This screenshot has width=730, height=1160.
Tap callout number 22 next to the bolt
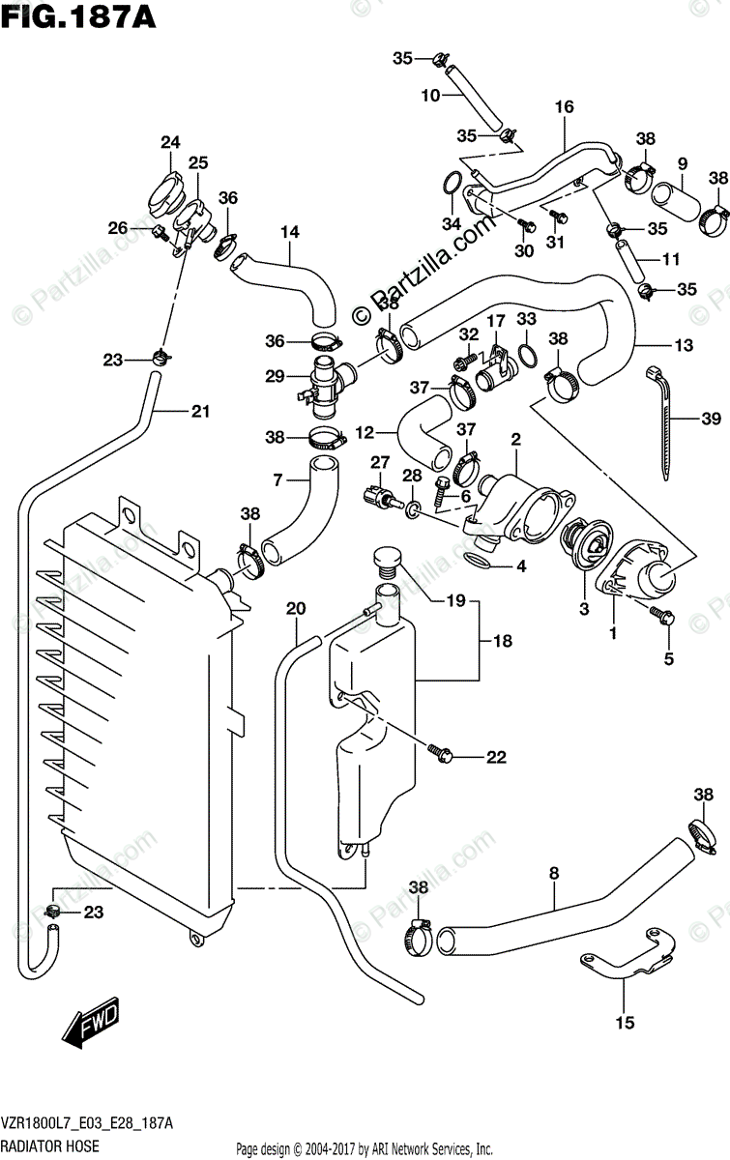pos(496,758)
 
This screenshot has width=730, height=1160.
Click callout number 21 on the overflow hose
pos(199,412)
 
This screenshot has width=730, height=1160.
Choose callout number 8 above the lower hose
pos(553,874)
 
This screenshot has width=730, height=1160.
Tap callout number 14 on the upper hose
pos(290,232)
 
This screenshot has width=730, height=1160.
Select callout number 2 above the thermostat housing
pos(516,440)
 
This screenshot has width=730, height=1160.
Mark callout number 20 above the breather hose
pos(296,608)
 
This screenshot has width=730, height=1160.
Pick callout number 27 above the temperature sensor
pos(379,462)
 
